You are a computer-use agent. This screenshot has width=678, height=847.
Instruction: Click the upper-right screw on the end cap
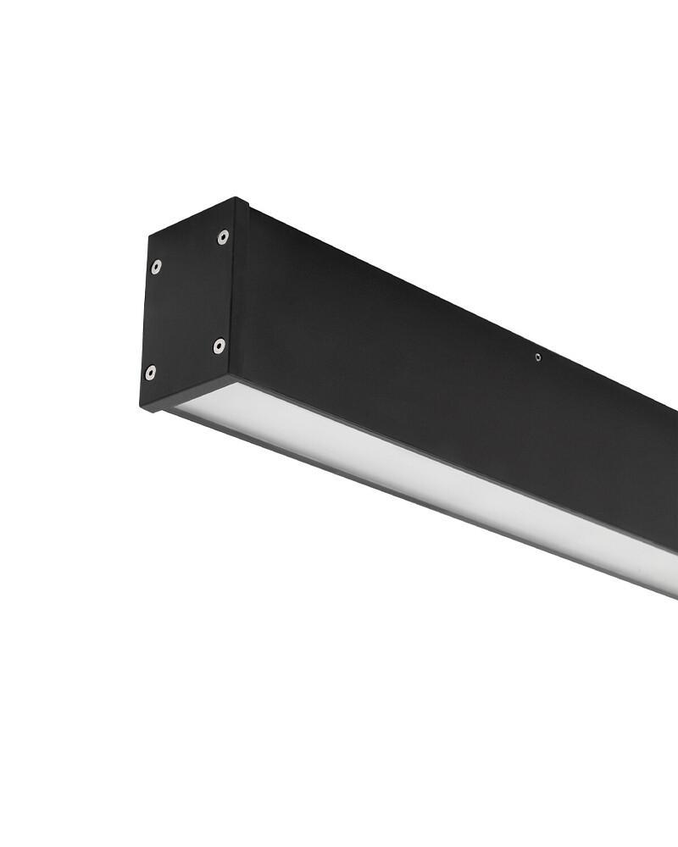(223, 237)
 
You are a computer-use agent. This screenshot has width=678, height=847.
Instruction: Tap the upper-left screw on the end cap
(156, 268)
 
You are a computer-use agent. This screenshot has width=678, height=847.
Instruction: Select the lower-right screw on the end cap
(219, 345)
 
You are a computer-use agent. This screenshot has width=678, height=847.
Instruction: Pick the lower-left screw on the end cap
(150, 372)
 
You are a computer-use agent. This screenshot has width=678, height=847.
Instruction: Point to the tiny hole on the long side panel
(537, 357)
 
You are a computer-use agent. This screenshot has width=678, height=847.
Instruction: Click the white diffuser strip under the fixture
(424, 474)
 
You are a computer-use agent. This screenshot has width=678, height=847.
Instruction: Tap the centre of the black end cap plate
(188, 305)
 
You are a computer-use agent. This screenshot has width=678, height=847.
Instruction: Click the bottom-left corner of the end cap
(142, 407)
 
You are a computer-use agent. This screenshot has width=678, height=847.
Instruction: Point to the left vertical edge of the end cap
(146, 322)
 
